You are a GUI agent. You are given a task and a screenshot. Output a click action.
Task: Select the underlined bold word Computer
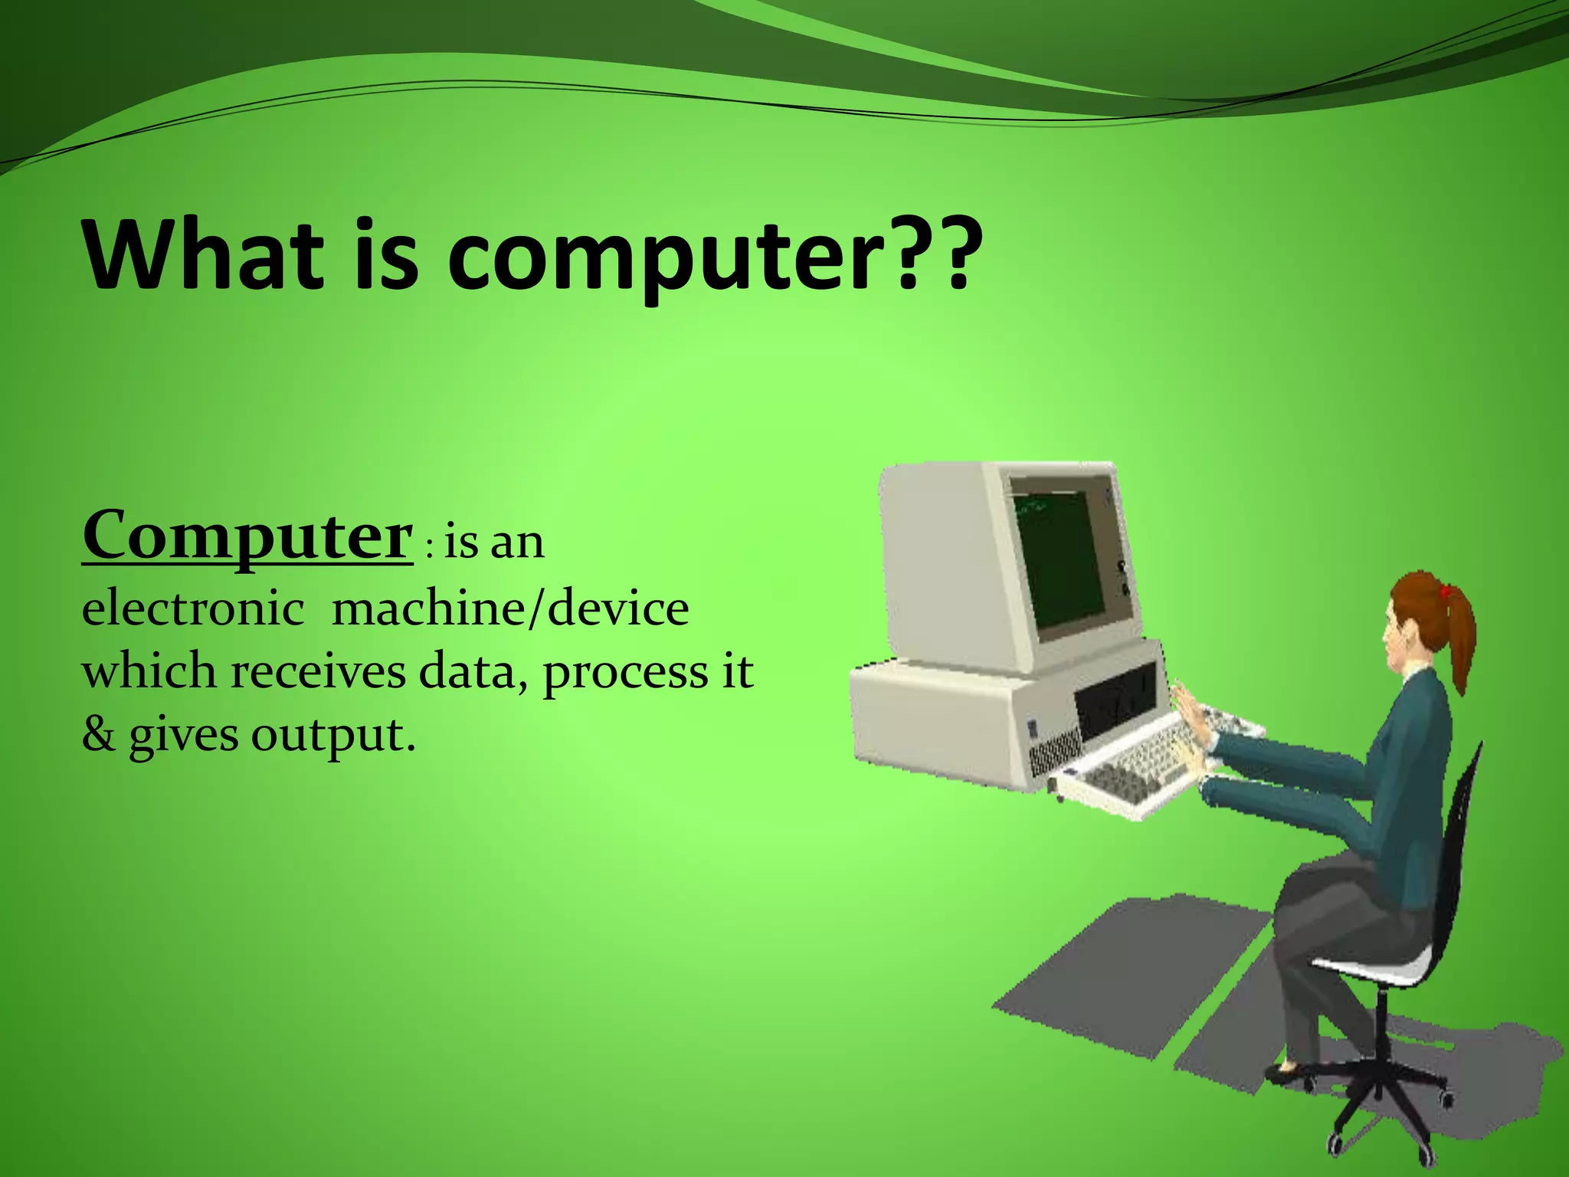pos(247,536)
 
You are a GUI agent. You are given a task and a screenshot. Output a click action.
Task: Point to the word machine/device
pos(510,609)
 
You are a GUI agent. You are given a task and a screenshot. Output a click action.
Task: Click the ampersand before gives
pos(98,735)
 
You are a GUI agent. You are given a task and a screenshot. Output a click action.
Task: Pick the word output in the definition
pos(333,736)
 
